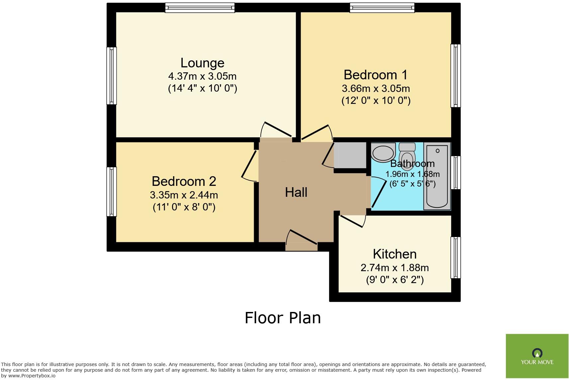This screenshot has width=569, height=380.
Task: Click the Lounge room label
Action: pos(202,63)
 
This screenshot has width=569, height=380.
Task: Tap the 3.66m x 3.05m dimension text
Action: pos(375,89)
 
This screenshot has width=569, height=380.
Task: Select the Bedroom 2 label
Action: pos(184,181)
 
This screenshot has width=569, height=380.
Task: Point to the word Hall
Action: pos(296,192)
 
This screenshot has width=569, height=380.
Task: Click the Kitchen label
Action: pos(395,254)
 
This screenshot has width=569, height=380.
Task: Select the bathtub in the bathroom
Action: pos(437,176)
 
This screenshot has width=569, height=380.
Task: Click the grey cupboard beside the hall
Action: pos(350,155)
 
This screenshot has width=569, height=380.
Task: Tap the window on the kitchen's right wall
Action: pos(455,258)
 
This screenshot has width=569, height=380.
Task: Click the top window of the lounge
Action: pos(200,8)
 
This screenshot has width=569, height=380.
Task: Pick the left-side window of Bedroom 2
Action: pos(112,191)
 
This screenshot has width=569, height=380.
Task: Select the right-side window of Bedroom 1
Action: pos(455,76)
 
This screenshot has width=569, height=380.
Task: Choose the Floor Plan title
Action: pos(283,318)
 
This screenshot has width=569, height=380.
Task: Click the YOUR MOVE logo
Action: pos(537,356)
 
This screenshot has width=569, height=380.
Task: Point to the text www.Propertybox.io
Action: pos(32,376)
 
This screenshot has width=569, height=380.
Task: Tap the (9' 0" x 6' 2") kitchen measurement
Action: pos(395,280)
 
